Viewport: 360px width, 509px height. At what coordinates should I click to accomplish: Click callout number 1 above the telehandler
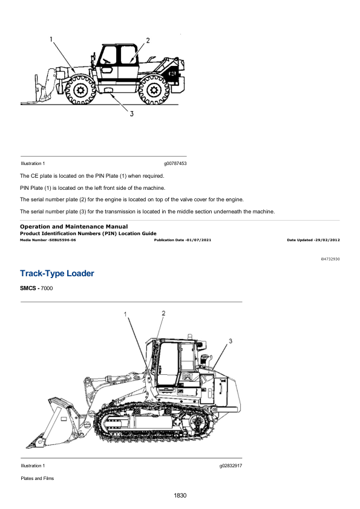51,39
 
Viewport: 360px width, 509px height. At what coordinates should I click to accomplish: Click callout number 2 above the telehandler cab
148,41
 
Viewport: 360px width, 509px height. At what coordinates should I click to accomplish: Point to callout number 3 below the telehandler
131,114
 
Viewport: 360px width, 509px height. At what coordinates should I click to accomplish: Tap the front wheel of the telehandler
80,89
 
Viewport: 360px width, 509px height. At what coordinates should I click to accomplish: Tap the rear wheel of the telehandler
154,89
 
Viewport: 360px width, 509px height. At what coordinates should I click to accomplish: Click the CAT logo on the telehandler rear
172,73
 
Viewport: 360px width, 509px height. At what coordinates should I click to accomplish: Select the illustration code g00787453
175,164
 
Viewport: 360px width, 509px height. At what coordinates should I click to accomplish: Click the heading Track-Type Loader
57,273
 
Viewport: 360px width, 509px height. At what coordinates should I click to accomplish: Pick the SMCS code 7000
47,288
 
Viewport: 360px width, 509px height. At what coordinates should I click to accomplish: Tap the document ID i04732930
330,259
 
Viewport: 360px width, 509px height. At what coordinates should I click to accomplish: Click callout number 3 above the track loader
231,341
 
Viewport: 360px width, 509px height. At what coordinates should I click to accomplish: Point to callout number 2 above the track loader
163,313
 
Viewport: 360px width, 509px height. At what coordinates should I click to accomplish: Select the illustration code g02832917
231,466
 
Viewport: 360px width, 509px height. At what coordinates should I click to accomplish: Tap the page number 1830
180,495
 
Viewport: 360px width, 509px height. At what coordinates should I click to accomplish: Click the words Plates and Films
38,478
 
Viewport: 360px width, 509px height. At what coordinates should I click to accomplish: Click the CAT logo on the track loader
188,377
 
